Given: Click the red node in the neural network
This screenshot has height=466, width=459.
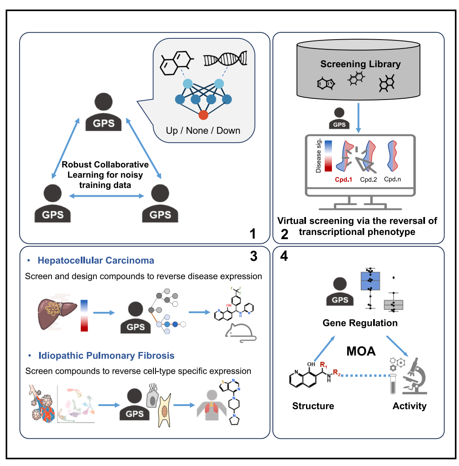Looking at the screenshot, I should tap(203, 115).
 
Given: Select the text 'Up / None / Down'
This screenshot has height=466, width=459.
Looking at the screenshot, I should tap(203, 130).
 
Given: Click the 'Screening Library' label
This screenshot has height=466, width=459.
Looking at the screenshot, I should tap(360, 64).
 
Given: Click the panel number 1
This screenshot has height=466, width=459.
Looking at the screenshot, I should tap(252, 233).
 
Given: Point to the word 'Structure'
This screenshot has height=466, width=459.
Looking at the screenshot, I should tap(313, 406).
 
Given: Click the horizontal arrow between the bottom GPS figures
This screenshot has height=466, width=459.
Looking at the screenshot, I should tap(106, 196).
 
